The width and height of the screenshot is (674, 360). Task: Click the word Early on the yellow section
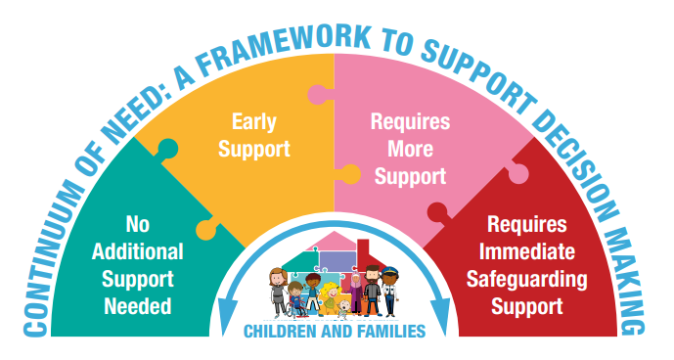(254, 121)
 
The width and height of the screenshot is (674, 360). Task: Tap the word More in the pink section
(411, 149)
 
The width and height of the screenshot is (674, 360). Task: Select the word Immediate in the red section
(527, 251)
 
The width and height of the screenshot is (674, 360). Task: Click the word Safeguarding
(527, 280)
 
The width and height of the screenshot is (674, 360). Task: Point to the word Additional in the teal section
(138, 251)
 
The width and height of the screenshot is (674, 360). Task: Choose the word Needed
(138, 306)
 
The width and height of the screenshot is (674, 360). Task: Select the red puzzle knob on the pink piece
(438, 212)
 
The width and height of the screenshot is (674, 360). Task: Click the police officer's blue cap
(389, 271)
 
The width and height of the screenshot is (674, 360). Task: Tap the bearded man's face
(372, 274)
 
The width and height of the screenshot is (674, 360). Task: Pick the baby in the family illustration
(343, 309)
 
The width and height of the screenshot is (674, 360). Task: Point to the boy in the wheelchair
(295, 299)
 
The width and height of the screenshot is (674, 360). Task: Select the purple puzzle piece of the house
(337, 259)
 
